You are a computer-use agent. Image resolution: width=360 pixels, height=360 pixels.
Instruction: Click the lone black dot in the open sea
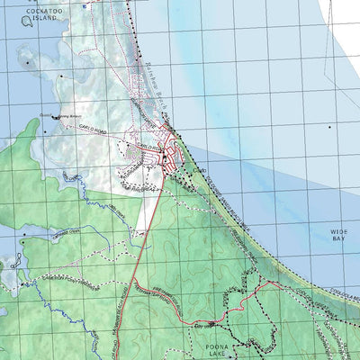tap(329, 127)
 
